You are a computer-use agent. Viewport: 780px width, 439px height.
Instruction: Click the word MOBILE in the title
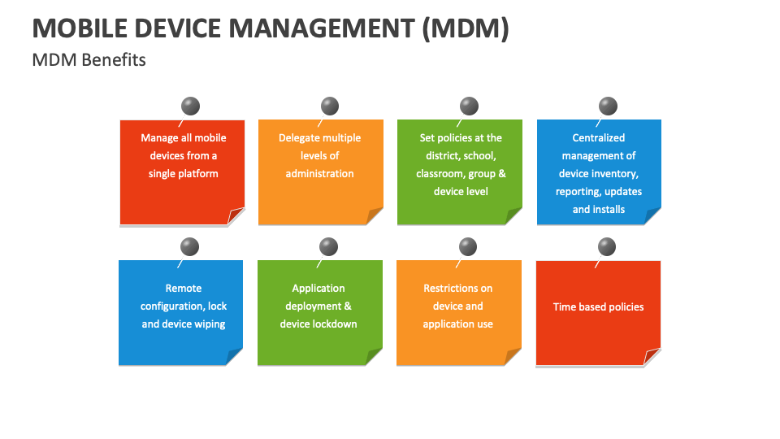(80, 28)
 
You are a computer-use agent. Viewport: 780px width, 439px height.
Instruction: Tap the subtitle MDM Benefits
(89, 59)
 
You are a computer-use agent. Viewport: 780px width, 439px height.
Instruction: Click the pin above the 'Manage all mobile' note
(190, 106)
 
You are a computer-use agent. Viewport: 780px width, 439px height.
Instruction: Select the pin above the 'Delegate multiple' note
(329, 106)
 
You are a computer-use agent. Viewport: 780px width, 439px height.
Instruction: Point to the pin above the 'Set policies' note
(469, 106)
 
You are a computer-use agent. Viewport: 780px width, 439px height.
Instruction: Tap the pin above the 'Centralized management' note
(608, 106)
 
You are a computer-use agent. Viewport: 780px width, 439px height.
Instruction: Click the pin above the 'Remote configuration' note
(189, 246)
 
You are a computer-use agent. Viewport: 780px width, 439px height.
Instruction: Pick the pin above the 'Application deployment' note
(328, 246)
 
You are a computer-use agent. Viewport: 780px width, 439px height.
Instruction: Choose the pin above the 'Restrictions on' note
(468, 246)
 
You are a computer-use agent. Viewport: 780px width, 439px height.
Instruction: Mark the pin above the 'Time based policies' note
(606, 246)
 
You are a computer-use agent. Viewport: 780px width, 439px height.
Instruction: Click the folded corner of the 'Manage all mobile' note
(236, 216)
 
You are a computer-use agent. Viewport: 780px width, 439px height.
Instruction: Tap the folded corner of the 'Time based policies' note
(652, 357)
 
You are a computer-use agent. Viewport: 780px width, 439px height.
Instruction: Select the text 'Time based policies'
(599, 307)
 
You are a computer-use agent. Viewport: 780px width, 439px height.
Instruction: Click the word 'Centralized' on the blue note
(599, 138)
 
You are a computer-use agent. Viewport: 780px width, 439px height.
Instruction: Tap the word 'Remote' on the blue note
(184, 288)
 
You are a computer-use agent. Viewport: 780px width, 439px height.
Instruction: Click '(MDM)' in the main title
(466, 28)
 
